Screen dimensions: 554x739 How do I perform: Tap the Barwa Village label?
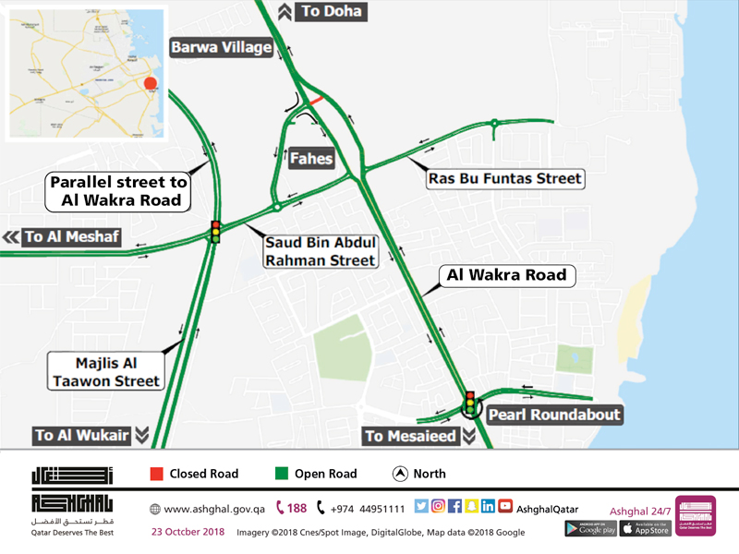(x=221, y=47)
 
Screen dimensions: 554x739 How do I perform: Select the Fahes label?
(x=310, y=159)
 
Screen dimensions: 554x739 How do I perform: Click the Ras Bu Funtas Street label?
(x=504, y=178)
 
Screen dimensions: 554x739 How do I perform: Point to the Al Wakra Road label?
(x=506, y=275)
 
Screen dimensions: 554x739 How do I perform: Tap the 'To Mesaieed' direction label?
(x=410, y=436)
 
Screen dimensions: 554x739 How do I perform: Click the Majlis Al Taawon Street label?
(x=105, y=371)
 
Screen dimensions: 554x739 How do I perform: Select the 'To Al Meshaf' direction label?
(x=71, y=237)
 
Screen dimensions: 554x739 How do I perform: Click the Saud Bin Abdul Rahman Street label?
(x=321, y=251)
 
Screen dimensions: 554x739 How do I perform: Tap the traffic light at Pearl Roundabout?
(x=470, y=403)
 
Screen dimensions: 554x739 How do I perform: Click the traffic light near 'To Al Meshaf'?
(x=216, y=232)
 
